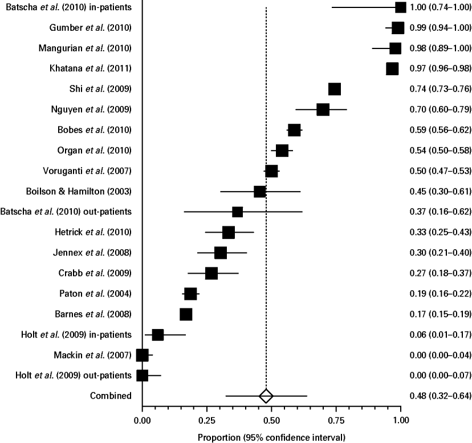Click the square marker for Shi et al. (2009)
pos(335,89)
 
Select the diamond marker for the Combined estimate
pos(266,396)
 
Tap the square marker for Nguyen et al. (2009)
pos(323,109)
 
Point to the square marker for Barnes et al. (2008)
pos(186,314)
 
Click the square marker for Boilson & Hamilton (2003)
pos(259,192)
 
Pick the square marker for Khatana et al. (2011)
pos(392,68)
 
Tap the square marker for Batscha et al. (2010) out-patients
pos(238,212)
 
